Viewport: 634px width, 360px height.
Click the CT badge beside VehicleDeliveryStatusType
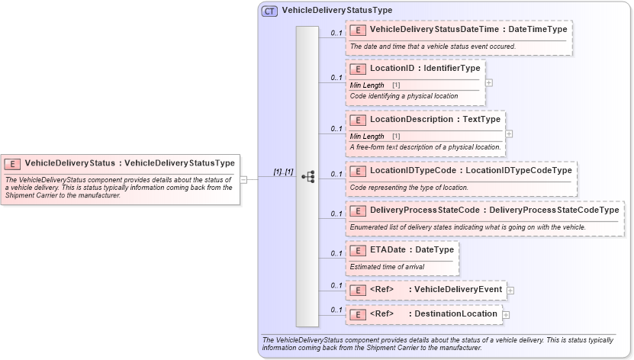click(x=270, y=11)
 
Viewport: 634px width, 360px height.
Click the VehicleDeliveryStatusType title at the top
click(x=336, y=11)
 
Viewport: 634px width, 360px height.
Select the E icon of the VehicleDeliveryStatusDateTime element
click(x=358, y=29)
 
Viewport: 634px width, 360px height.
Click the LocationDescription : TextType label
click(x=435, y=119)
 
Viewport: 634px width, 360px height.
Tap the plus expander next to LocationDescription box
click(x=509, y=133)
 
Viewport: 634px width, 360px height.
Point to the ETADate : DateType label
click(x=411, y=249)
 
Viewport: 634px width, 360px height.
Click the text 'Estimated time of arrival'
click(x=387, y=267)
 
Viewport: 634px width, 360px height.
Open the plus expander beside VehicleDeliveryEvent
click(x=510, y=291)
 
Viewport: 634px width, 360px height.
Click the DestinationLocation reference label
click(x=433, y=313)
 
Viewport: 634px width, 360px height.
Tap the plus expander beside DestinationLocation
click(x=506, y=314)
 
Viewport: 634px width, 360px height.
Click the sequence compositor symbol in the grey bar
click(x=307, y=176)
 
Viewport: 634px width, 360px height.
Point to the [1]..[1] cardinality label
click(x=283, y=172)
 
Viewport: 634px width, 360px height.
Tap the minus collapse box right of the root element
click(x=243, y=180)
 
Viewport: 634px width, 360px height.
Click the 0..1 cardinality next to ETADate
click(x=336, y=253)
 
